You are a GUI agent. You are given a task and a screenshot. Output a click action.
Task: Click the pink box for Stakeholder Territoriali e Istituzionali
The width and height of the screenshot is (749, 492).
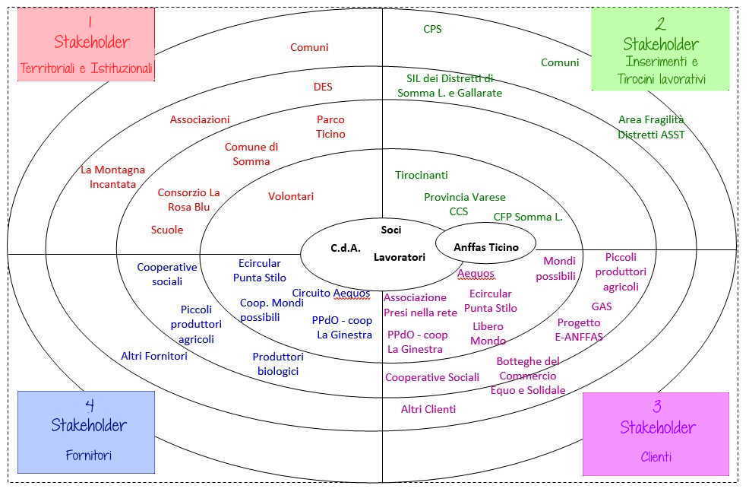(x=86, y=45)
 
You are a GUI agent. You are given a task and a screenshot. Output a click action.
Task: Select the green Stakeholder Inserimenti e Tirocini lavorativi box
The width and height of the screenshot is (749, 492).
(x=660, y=49)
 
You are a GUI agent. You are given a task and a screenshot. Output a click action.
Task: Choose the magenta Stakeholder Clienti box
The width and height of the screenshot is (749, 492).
(x=656, y=433)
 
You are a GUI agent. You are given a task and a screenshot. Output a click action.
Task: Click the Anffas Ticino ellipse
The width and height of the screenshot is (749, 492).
(x=485, y=247)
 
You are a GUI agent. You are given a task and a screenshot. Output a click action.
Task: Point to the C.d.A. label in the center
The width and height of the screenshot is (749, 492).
(x=345, y=248)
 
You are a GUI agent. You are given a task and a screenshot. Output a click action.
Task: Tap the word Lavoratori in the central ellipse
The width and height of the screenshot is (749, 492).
(x=399, y=258)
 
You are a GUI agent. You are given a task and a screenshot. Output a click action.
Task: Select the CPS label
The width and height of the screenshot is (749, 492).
(x=432, y=29)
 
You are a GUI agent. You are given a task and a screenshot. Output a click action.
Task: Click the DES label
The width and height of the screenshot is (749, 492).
(x=323, y=87)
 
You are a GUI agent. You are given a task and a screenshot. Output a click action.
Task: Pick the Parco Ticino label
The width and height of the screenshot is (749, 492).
(x=330, y=126)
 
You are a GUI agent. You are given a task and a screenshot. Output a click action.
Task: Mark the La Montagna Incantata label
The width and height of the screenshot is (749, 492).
(x=112, y=176)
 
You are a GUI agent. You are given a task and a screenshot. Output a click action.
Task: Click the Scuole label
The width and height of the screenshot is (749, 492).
(x=167, y=230)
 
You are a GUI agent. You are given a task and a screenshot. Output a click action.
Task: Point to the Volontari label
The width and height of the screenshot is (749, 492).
(x=290, y=196)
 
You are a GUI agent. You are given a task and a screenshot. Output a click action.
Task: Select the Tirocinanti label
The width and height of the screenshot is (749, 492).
(x=421, y=175)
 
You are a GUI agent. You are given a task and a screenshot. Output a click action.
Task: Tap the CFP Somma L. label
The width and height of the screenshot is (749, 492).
(x=528, y=217)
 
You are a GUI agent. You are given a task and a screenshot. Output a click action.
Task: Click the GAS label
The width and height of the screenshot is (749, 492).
(x=602, y=306)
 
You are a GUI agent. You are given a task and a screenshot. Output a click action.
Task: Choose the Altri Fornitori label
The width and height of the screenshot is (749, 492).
(x=154, y=355)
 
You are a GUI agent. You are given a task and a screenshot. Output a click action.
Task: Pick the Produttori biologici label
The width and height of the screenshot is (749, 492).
(x=277, y=363)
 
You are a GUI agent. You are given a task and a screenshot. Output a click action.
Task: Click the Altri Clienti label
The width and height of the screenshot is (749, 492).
(x=428, y=409)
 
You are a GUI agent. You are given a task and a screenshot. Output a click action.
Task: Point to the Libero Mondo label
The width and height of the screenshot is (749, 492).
(x=488, y=333)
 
